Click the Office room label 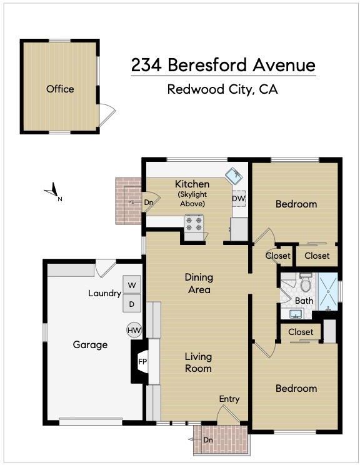pos(60,89)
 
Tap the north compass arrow pos(52,190)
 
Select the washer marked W pos(132,285)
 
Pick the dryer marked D pos(132,303)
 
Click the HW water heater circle pos(134,330)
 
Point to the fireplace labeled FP pos(141,362)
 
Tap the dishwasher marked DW pos(239,198)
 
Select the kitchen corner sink pos(234,175)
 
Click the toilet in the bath pos(306,282)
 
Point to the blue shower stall pos(327,292)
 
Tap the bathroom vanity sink pos(295,314)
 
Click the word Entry pos(229,399)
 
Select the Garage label pos(90,344)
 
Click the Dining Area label pos(199,284)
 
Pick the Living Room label pos(198,362)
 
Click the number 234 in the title pos(147,65)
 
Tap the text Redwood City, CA pos(222,89)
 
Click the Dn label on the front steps pos(208,440)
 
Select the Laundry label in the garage pos(104,294)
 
